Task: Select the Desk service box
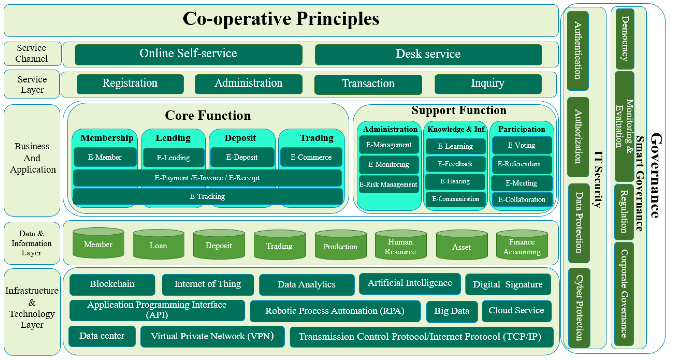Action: [428, 54]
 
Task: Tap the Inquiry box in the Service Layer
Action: [488, 84]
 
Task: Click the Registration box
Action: [130, 84]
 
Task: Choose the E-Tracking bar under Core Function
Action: [207, 196]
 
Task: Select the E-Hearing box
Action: [455, 182]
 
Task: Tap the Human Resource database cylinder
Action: [400, 246]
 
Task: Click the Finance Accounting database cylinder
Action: [522, 246]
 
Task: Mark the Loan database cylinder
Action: [158, 245]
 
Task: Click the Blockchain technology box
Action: [112, 284]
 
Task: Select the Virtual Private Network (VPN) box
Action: [212, 336]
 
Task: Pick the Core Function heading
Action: [208, 115]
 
